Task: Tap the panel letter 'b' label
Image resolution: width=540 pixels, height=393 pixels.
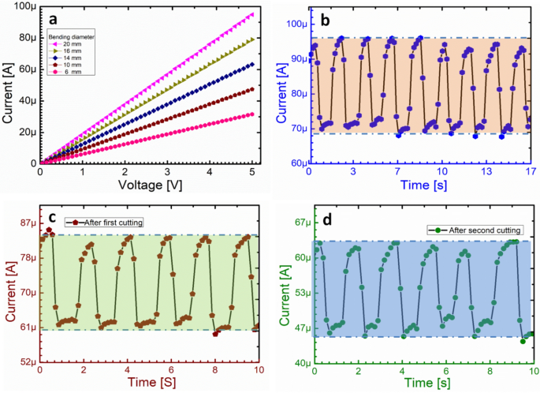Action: [324, 19]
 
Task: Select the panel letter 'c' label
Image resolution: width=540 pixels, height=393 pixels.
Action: [53, 218]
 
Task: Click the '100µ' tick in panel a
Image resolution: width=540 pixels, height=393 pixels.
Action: [20, 6]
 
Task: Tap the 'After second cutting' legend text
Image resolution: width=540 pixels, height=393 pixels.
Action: [485, 229]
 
